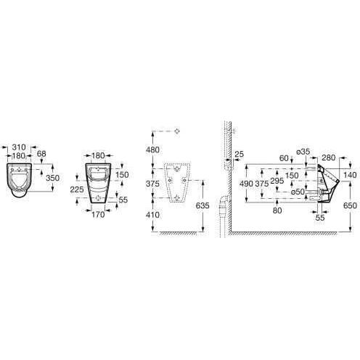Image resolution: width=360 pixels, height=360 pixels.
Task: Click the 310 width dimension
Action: [x=19, y=147]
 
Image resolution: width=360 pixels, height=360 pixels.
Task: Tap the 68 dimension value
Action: [x=41, y=154]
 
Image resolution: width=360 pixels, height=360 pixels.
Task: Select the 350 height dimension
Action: [x=53, y=178]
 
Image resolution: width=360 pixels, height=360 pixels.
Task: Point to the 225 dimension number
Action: [x=77, y=189]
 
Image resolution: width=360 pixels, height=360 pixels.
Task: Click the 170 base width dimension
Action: [x=98, y=215]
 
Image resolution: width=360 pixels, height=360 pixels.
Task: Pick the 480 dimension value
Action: [x=152, y=150]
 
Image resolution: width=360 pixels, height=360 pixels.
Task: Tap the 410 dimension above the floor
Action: [x=152, y=215]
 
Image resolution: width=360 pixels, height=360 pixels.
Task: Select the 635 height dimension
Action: [x=202, y=205]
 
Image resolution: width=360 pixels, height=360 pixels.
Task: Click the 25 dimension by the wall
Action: [x=240, y=154]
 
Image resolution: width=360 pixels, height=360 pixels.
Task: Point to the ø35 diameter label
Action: [x=303, y=152]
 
